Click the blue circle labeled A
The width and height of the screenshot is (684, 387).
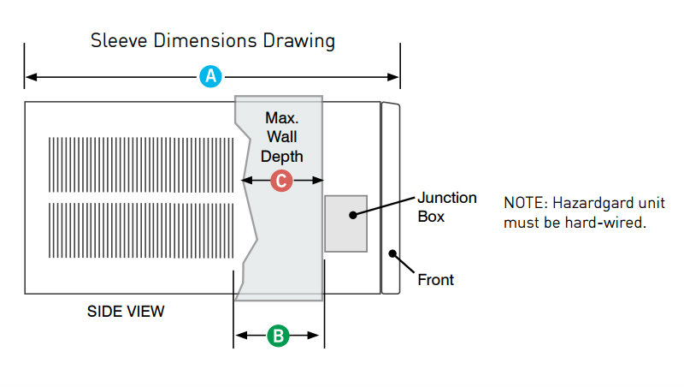pos(210,76)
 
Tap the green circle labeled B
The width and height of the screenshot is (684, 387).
pos(279,336)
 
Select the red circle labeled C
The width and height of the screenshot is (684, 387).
pos(281,181)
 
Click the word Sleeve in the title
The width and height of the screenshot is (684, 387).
pos(119,40)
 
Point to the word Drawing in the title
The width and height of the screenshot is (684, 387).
pos(298,41)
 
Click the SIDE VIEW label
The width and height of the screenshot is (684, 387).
pos(126,312)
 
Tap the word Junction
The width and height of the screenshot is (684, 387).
pos(447,198)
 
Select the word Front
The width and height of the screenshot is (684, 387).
pos(436,280)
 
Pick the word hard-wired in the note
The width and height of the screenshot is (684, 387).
pos(605,223)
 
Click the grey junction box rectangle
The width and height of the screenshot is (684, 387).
pos(346,223)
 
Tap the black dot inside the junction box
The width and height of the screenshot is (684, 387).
pos(353,215)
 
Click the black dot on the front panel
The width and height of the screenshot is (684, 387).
pos(392,253)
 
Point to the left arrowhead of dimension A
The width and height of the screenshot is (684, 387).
pos(32,77)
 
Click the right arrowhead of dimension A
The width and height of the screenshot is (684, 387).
pos(393,77)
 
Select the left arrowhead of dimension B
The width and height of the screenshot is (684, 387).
pos(241,336)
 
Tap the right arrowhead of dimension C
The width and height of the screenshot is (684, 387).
pos(317,180)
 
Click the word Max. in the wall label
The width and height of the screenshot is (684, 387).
pos(282,118)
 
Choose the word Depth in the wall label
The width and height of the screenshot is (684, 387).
pos(282,157)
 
